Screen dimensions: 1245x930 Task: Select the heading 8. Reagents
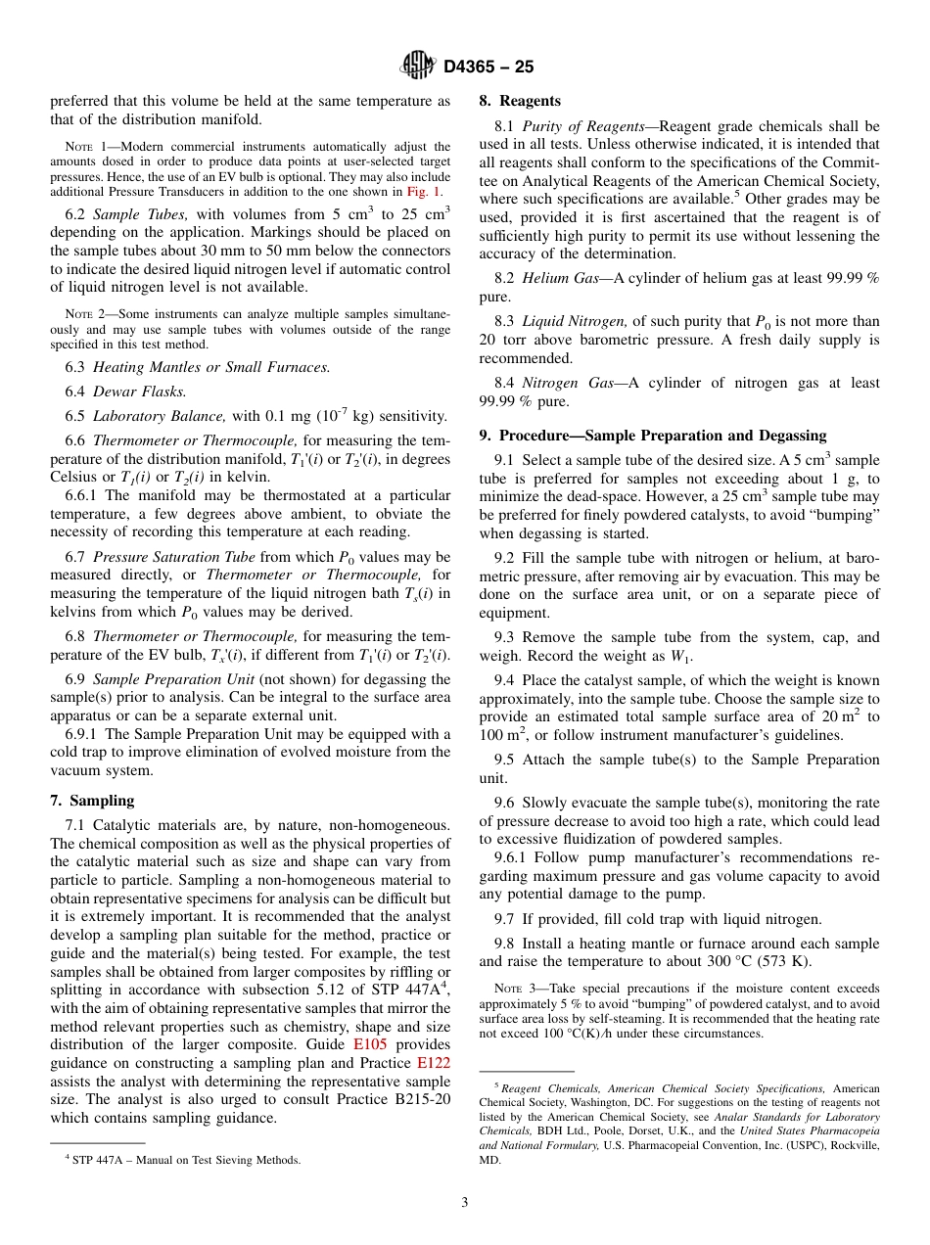[520, 101]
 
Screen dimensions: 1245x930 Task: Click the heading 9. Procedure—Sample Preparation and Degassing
[652, 436]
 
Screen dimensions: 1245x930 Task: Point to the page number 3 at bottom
[465, 1203]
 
